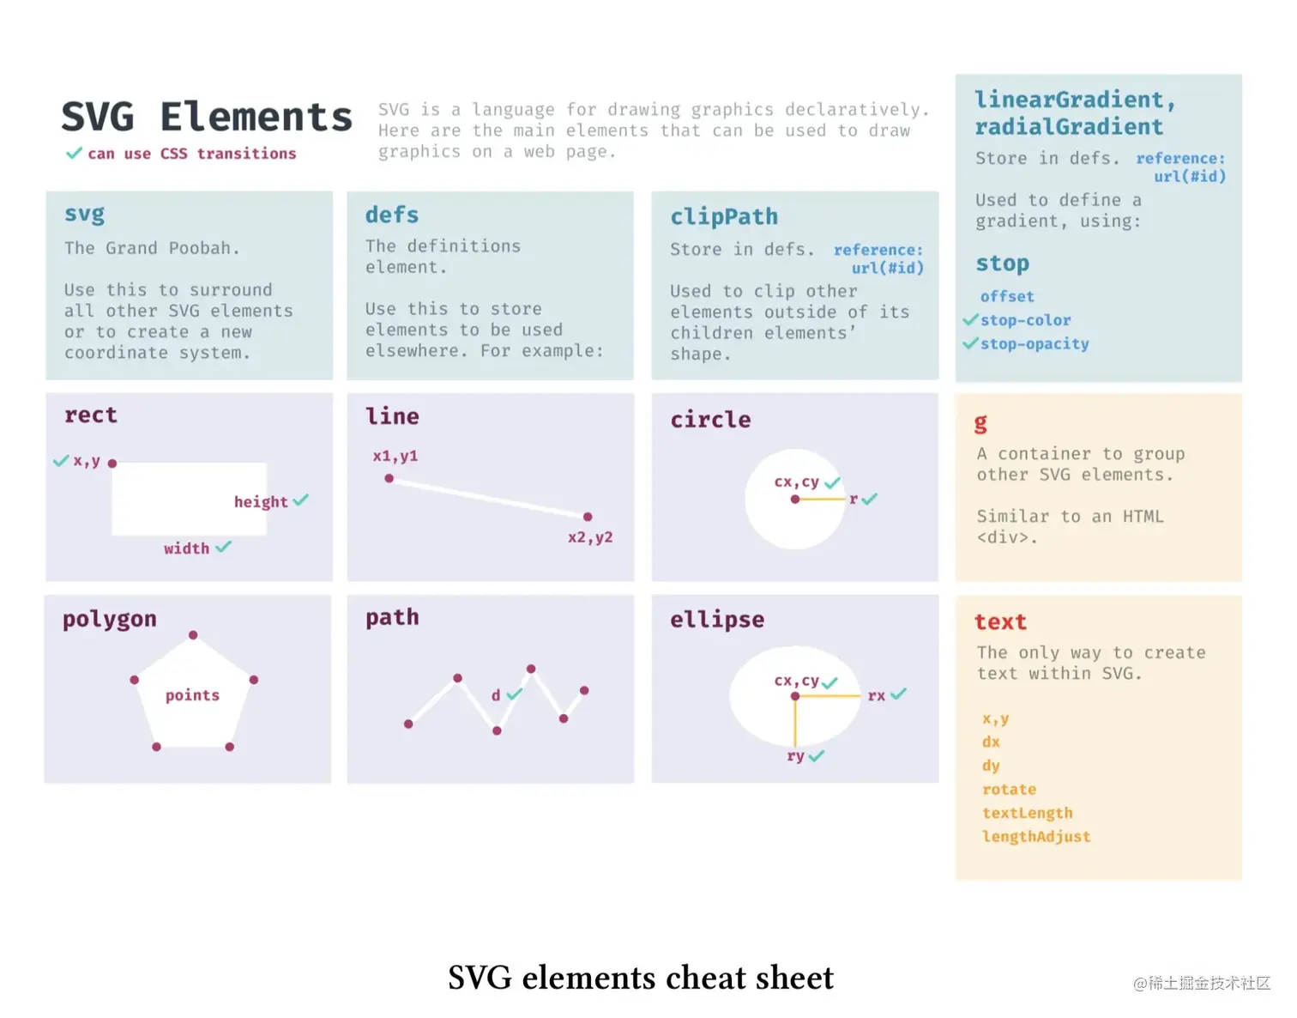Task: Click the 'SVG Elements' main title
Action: pos(207,118)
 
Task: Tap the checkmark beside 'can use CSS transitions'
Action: pos(75,154)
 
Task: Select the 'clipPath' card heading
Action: pos(724,216)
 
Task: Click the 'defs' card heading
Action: pos(392,215)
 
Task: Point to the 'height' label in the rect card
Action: pos(261,502)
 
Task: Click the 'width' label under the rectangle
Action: pos(187,548)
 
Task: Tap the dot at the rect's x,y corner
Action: pos(112,464)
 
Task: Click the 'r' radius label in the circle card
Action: pos(854,499)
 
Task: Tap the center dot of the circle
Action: pos(795,500)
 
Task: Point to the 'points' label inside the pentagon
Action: pos(192,695)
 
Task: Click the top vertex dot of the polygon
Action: pos(193,635)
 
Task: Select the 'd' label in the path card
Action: pos(496,695)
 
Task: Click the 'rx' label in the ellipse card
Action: pos(876,695)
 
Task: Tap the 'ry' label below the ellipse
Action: pos(796,756)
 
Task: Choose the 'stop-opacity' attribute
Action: pos(1035,344)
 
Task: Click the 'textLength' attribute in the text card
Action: pos(1028,813)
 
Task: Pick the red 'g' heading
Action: pos(980,422)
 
